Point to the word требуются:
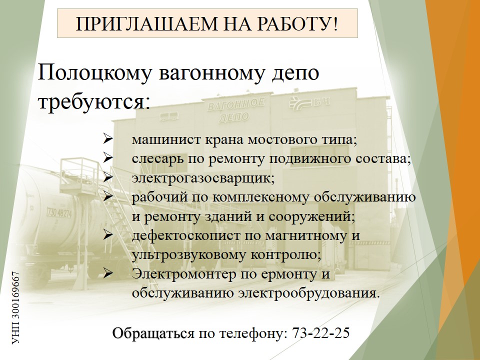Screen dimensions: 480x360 click(x=94, y=101)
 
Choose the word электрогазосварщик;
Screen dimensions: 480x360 click(x=203, y=178)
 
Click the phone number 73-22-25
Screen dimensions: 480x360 click(x=321, y=333)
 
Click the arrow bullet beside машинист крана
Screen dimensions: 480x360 click(x=108, y=139)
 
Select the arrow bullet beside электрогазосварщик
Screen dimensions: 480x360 click(x=108, y=177)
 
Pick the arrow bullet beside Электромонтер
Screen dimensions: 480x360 click(x=108, y=273)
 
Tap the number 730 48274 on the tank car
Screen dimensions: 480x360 click(x=59, y=212)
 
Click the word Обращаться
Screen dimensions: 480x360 click(x=153, y=333)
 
